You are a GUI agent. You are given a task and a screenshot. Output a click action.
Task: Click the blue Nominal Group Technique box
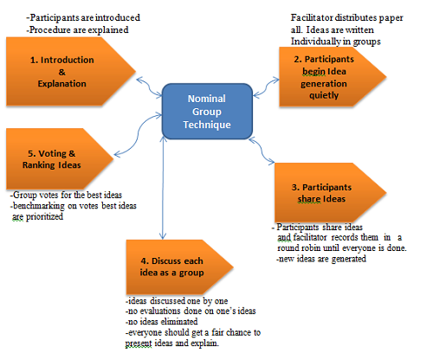pyautogui.click(x=207, y=112)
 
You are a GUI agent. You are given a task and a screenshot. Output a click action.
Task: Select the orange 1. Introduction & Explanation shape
pyautogui.click(x=71, y=71)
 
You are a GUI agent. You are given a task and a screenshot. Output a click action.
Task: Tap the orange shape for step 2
pyautogui.click(x=333, y=77)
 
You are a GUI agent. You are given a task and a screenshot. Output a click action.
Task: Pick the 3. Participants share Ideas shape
pyautogui.click(x=330, y=193)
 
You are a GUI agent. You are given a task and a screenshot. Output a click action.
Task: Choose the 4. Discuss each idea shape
pyautogui.click(x=179, y=267)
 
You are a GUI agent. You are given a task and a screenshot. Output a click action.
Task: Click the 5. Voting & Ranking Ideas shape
pyautogui.click(x=60, y=158)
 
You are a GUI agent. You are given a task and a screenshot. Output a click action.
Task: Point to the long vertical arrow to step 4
pyautogui.click(x=164, y=188)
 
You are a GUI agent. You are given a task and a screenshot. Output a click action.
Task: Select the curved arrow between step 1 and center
pyautogui.click(x=149, y=87)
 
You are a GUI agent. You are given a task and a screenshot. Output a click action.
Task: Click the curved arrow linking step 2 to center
pyautogui.click(x=266, y=87)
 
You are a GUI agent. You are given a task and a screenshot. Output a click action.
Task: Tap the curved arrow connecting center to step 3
pyautogui.click(x=262, y=151)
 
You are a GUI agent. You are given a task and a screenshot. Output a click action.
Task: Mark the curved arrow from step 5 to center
pyautogui.click(x=138, y=135)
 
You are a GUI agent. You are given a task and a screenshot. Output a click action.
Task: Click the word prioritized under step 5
pyautogui.click(x=44, y=217)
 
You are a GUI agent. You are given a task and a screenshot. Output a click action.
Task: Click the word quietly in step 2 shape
pyautogui.click(x=324, y=95)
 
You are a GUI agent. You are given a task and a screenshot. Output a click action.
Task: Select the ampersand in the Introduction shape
pyautogui.click(x=62, y=72)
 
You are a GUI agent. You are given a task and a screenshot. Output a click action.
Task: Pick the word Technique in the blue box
pyautogui.click(x=207, y=125)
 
